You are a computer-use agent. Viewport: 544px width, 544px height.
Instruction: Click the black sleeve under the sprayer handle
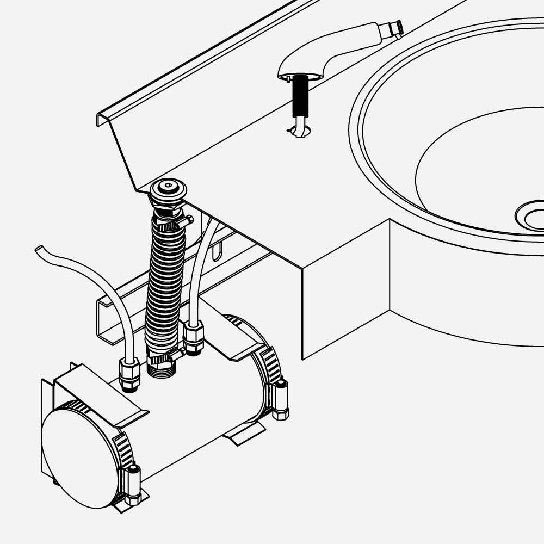300,96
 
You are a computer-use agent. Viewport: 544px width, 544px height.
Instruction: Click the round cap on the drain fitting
168,188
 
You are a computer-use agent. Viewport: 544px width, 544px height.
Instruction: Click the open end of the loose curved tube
39,250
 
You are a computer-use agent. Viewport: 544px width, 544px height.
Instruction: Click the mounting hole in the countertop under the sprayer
299,131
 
